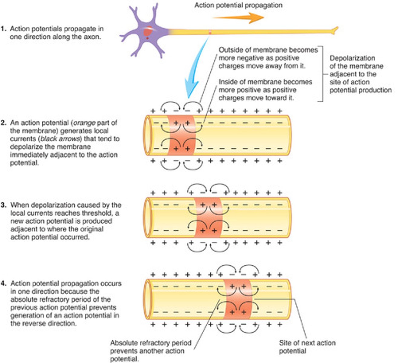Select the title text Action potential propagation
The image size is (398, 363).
(x=238, y=5)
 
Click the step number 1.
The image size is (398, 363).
(x=3, y=29)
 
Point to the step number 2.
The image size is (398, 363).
(x=3, y=123)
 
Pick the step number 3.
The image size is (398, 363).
(x=3, y=205)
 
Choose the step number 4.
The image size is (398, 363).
(x=3, y=284)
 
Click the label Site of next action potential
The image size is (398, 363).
(x=307, y=347)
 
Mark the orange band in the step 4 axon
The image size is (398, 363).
(x=238, y=299)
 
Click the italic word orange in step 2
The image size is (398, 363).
(x=85, y=123)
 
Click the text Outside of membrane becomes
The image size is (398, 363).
(x=268, y=50)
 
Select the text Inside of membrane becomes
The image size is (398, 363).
(x=265, y=82)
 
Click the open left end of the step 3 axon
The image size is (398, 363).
(x=147, y=217)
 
